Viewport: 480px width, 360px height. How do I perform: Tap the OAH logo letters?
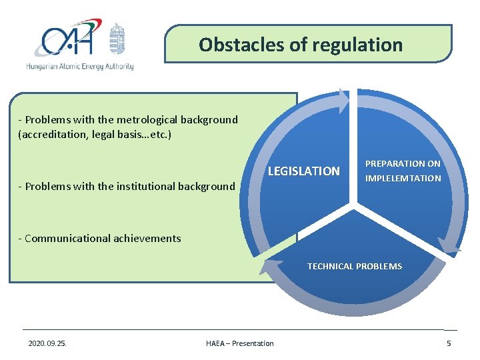pos(66,41)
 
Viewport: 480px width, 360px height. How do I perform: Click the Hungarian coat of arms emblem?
pos(117,39)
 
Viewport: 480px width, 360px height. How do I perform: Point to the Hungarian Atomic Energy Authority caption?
pos(80,67)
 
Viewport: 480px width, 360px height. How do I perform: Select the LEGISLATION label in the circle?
pos(303,171)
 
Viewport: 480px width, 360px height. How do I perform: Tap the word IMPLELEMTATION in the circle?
pos(403,178)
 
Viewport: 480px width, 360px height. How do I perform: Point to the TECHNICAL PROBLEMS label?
pos(355,266)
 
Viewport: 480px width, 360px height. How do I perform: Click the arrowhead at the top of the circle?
pos(342,101)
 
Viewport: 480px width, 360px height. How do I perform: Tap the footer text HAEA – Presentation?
pos(240,343)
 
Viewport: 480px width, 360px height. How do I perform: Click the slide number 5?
pos(449,343)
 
